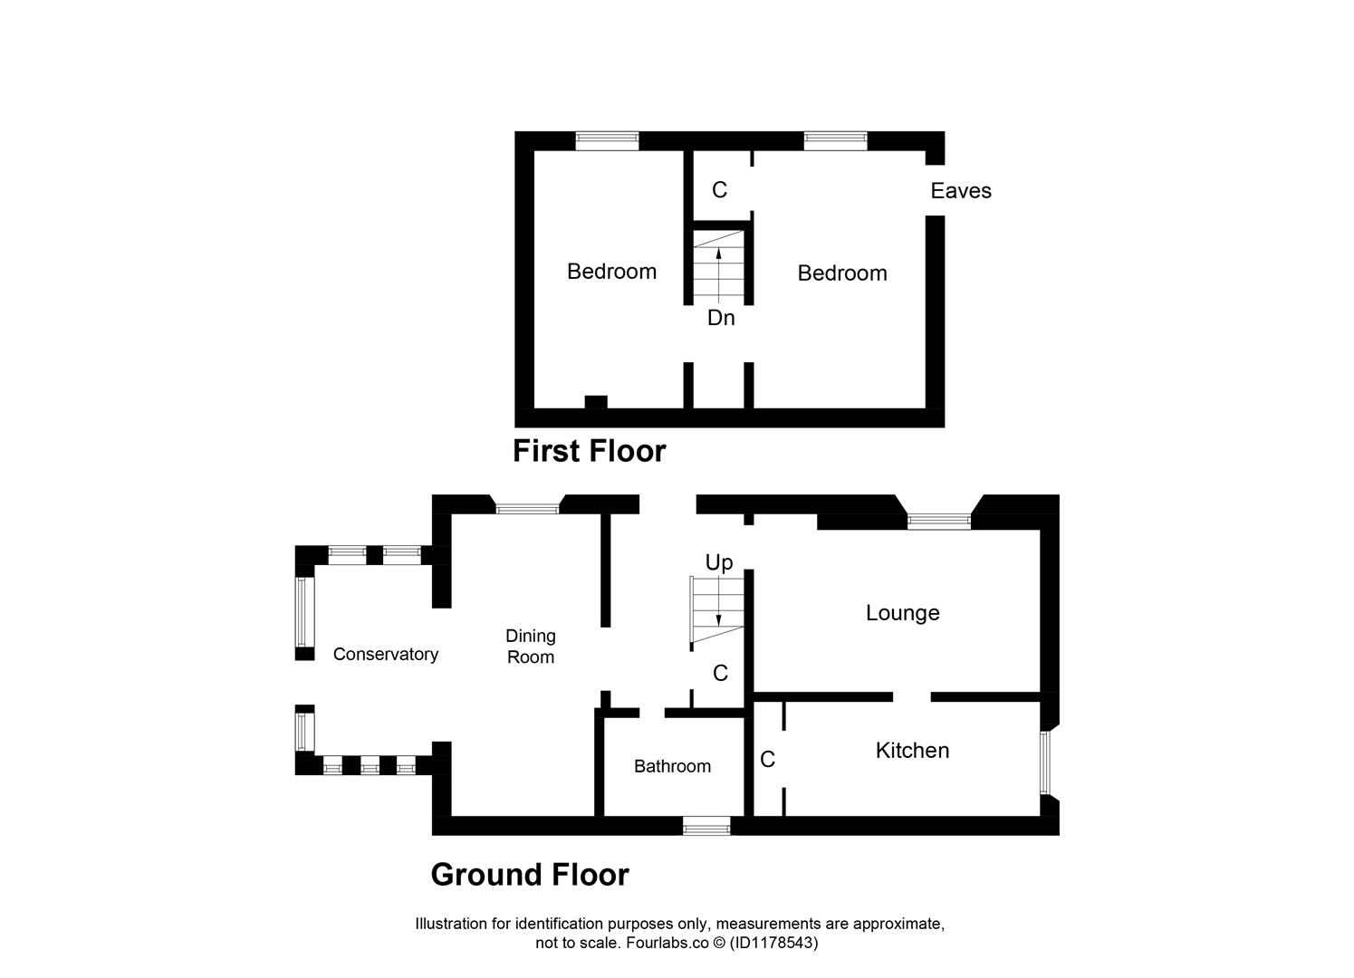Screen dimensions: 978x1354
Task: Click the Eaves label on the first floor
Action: pyautogui.click(x=961, y=191)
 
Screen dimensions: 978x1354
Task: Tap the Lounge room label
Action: pyautogui.click(x=902, y=613)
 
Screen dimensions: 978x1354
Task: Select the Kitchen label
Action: pyautogui.click(x=912, y=751)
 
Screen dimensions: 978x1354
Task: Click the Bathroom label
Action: pyautogui.click(x=672, y=767)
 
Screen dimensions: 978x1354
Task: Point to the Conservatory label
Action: pyautogui.click(x=385, y=655)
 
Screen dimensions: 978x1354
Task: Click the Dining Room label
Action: pyautogui.click(x=531, y=647)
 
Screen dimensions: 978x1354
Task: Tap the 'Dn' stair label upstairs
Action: pyautogui.click(x=721, y=319)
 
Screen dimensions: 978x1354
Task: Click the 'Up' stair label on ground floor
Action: pyautogui.click(x=718, y=562)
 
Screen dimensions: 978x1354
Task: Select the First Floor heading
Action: pyautogui.click(x=589, y=451)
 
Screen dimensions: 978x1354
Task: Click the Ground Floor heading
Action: pyautogui.click(x=530, y=875)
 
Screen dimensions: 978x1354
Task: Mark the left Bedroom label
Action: pyautogui.click(x=611, y=272)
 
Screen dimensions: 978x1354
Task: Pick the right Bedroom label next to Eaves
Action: pyautogui.click(x=842, y=273)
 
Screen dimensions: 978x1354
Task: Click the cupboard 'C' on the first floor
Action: pyautogui.click(x=719, y=190)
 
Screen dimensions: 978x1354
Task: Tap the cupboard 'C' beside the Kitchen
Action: pyautogui.click(x=767, y=760)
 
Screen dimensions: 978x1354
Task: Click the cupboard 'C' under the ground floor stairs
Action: pyautogui.click(x=720, y=674)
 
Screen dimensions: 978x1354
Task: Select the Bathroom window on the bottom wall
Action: pyautogui.click(x=706, y=826)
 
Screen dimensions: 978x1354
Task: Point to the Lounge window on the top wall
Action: pyautogui.click(x=939, y=521)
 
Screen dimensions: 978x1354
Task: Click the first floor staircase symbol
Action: pyautogui.click(x=719, y=266)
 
